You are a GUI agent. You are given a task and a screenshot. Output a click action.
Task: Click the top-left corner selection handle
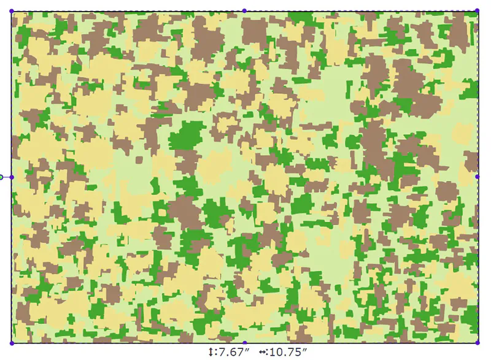(12, 11)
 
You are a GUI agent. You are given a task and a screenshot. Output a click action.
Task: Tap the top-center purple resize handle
(244, 10)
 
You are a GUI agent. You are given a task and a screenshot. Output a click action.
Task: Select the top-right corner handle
(477, 10)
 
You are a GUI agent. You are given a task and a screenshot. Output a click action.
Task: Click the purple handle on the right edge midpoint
(477, 177)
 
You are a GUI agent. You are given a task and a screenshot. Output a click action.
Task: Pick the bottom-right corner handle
(477, 342)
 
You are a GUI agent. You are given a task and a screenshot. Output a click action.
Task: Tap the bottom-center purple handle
(244, 343)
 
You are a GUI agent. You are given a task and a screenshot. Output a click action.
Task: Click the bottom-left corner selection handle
(12, 343)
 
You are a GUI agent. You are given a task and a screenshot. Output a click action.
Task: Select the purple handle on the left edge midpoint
(12, 177)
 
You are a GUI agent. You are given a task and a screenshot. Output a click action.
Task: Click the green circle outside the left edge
(1, 177)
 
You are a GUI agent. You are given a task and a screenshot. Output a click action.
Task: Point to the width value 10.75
(284, 352)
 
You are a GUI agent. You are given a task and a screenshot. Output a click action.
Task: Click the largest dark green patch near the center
(187, 136)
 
